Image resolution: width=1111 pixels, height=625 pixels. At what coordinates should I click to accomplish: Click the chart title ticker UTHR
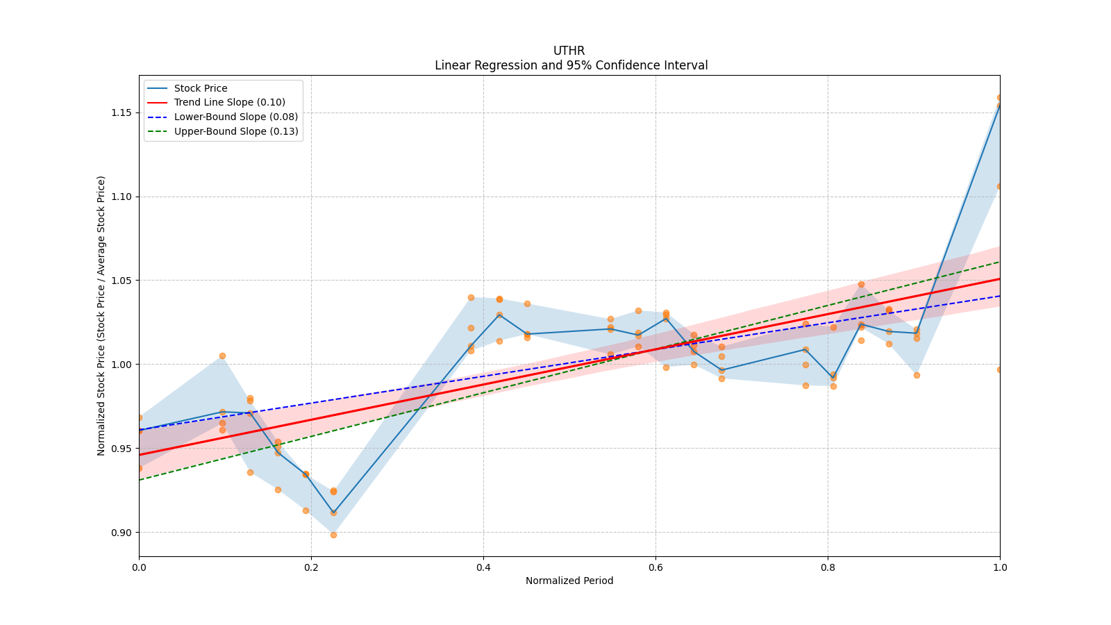569,51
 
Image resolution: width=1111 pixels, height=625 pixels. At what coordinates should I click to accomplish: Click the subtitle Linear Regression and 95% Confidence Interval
571,65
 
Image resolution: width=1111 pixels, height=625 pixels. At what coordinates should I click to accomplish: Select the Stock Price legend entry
200,88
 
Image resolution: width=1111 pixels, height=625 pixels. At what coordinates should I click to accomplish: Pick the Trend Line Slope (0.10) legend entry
229,102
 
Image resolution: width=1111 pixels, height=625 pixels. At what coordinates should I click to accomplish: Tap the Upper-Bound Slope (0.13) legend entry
236,131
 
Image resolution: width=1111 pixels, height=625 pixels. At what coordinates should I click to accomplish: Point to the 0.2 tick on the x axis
311,567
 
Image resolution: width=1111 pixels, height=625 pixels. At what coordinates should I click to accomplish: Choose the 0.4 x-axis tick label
483,567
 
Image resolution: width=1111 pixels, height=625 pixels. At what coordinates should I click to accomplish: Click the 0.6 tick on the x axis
655,567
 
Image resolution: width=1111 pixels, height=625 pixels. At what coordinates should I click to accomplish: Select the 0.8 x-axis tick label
828,567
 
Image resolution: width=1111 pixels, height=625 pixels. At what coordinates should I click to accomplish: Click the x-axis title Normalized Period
569,581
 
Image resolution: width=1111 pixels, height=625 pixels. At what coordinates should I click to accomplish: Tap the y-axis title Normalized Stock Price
101,315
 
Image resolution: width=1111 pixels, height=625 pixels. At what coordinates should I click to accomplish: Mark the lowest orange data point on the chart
333,535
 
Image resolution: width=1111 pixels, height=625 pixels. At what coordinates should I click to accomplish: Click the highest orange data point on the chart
1000,98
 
